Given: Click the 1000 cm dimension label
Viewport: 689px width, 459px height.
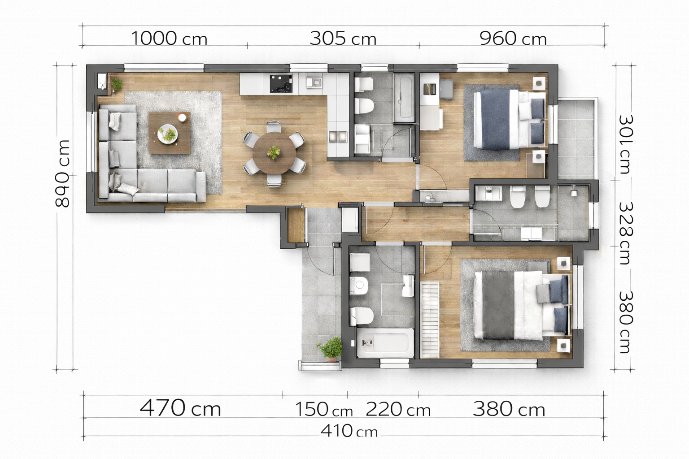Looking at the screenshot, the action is [169, 39].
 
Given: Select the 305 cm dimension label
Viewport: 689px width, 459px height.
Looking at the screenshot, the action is [343, 39].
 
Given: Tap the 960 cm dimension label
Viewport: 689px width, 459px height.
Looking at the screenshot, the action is [513, 39].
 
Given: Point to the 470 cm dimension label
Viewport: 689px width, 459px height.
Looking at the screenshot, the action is [181, 407].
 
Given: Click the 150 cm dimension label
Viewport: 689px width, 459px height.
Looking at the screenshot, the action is [324, 409].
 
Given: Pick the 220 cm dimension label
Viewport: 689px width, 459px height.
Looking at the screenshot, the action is [398, 409].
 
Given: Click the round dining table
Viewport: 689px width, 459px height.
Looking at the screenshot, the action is [274, 153].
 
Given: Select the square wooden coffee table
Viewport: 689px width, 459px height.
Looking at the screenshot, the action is [169, 133].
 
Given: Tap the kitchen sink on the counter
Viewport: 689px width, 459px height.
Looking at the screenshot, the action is [314, 82].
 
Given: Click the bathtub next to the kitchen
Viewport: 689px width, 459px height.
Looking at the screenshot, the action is [404, 97].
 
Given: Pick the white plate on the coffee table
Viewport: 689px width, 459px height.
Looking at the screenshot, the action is [168, 133].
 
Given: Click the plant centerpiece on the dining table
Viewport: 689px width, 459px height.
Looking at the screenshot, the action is [274, 152].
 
